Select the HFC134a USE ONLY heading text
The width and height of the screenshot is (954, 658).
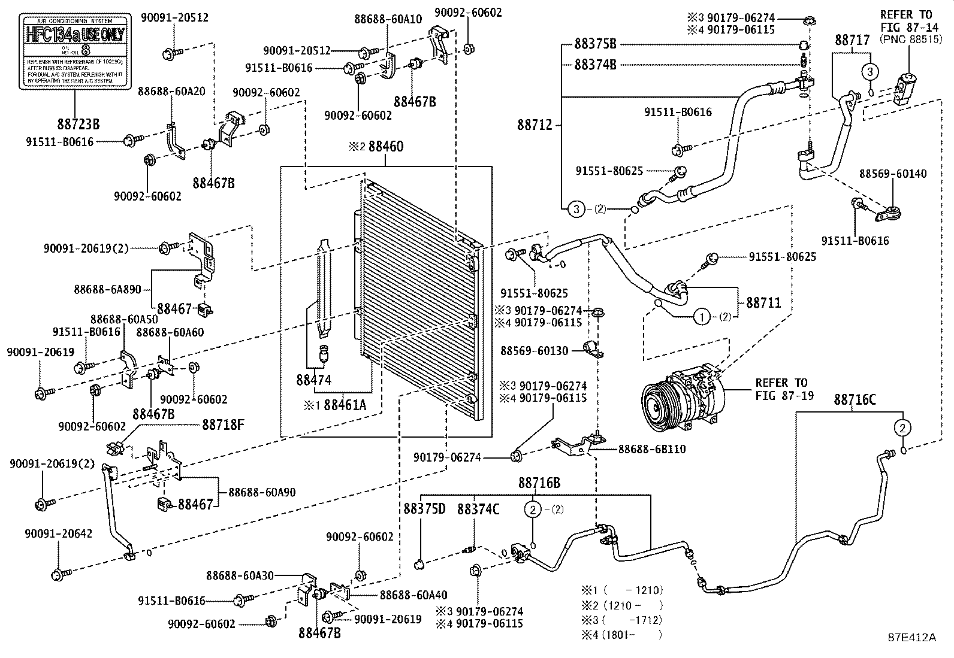coord(75,34)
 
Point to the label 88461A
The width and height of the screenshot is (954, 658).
coord(344,405)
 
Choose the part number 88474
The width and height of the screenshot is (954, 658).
coord(313,379)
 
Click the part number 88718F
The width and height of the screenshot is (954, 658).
coord(223,424)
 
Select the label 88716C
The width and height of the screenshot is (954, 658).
coord(855,399)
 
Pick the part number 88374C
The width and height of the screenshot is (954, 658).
coord(478,509)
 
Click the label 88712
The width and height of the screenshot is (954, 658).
coord(536,126)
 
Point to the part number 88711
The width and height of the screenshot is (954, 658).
coord(763,303)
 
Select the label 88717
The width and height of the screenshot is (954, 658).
coord(852,40)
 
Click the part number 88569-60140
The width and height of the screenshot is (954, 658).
coord(892,174)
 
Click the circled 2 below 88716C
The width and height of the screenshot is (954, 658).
coord(903,427)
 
